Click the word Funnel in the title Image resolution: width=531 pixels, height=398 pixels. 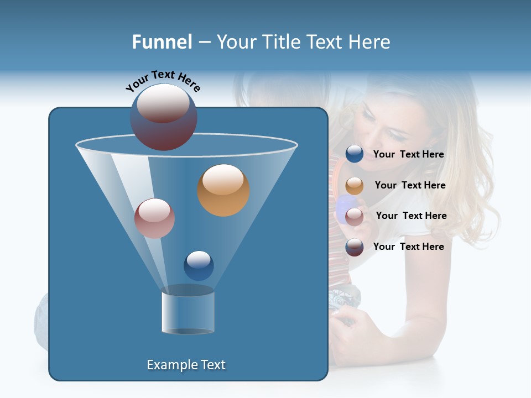pos(162,41)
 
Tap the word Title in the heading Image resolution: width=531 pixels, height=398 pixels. pos(280,41)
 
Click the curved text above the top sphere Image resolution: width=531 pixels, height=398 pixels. pos(163,81)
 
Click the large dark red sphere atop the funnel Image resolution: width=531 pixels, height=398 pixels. pos(163,117)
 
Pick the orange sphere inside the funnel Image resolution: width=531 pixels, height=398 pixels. pos(223,190)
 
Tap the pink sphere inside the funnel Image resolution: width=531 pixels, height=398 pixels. pos(154,218)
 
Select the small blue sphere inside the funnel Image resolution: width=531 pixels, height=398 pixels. pos(199,265)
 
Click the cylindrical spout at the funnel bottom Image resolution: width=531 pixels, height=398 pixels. pos(188,312)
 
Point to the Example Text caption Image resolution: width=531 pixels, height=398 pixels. pos(186,365)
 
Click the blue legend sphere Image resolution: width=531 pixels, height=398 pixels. pos(355,154)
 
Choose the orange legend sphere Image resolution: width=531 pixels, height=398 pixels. pos(355,186)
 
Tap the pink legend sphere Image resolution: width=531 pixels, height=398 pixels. pos(355,216)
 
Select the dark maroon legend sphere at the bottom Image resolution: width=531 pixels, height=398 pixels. pos(355,247)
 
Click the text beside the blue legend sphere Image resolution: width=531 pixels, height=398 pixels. pos(408,154)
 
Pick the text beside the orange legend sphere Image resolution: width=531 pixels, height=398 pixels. pos(410,185)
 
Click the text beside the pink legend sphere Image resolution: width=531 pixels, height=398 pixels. pos(411,216)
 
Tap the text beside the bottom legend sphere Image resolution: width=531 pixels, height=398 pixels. pos(408,247)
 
